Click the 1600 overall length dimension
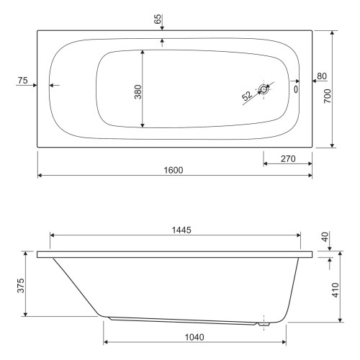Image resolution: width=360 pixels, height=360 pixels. (x=174, y=170)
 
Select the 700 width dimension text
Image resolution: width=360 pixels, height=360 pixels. (x=328, y=96)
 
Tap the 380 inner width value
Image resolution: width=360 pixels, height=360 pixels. (x=138, y=92)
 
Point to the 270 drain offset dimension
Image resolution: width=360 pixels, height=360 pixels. (x=288, y=159)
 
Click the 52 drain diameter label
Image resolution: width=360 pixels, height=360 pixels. (x=247, y=96)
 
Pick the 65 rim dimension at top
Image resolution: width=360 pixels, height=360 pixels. (x=158, y=19)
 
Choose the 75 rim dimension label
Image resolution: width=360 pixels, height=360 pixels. (x=23, y=81)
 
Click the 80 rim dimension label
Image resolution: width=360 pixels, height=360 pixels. (x=322, y=76)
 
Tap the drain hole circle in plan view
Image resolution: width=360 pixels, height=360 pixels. (x=264, y=89)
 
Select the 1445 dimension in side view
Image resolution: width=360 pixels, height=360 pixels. (x=181, y=230)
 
